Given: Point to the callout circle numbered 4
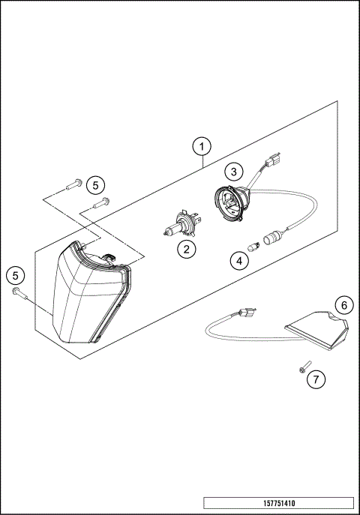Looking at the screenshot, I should (238, 262).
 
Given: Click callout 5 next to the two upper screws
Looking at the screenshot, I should (94, 184).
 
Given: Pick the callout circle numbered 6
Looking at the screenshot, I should (343, 305).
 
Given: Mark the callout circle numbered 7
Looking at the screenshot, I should (316, 379).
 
